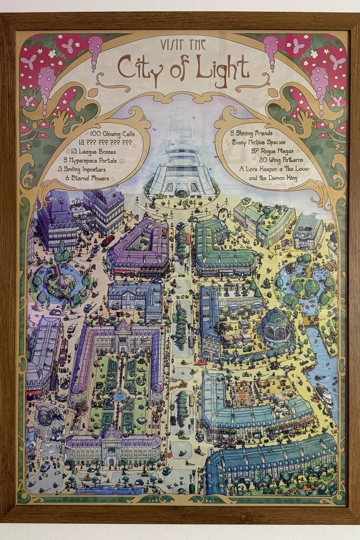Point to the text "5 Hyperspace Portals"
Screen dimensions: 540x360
[x=91, y=160]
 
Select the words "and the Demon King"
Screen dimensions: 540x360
[x=269, y=178]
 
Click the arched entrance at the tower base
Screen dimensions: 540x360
[x=181, y=192]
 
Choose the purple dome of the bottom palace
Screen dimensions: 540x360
[x=112, y=432]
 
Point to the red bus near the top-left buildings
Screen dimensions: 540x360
[x=108, y=241]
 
